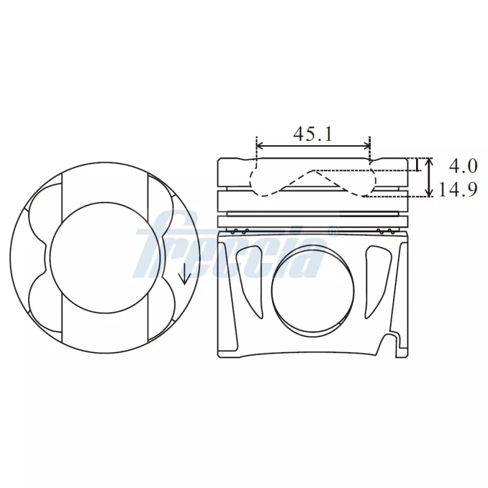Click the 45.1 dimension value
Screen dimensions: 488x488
coord(313,134)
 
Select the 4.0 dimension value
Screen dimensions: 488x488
coord(463,166)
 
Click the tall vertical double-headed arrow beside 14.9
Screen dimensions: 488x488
coord(429,177)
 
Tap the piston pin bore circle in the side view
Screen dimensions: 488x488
coord(312,292)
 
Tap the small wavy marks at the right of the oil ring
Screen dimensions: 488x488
coord(385,231)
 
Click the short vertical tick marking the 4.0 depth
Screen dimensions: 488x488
coord(416,165)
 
